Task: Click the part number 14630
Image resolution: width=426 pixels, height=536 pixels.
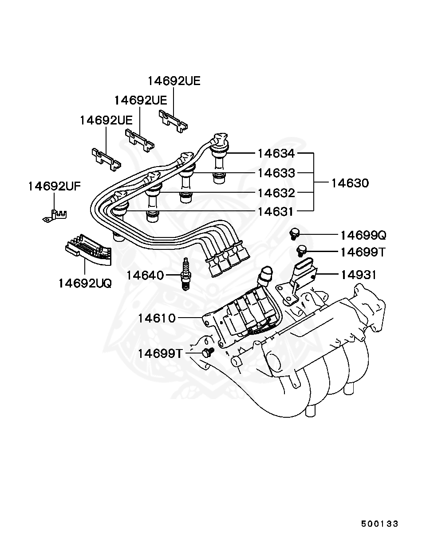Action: click(350, 183)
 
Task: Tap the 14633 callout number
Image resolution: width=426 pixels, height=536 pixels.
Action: click(276, 173)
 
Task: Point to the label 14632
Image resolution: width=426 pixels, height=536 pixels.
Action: click(276, 193)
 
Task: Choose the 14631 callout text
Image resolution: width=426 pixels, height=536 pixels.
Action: click(276, 211)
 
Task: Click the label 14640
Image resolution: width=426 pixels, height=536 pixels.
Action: click(145, 275)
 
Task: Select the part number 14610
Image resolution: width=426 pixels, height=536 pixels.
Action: click(157, 318)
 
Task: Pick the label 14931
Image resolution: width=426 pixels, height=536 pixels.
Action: click(359, 275)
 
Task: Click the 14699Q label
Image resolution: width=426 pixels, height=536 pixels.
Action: click(363, 235)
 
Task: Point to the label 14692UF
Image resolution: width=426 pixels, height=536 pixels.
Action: click(55, 186)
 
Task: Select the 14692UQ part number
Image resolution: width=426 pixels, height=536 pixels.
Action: click(85, 283)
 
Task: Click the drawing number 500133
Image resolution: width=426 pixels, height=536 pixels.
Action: click(379, 524)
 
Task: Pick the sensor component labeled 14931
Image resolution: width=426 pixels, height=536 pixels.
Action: click(302, 276)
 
